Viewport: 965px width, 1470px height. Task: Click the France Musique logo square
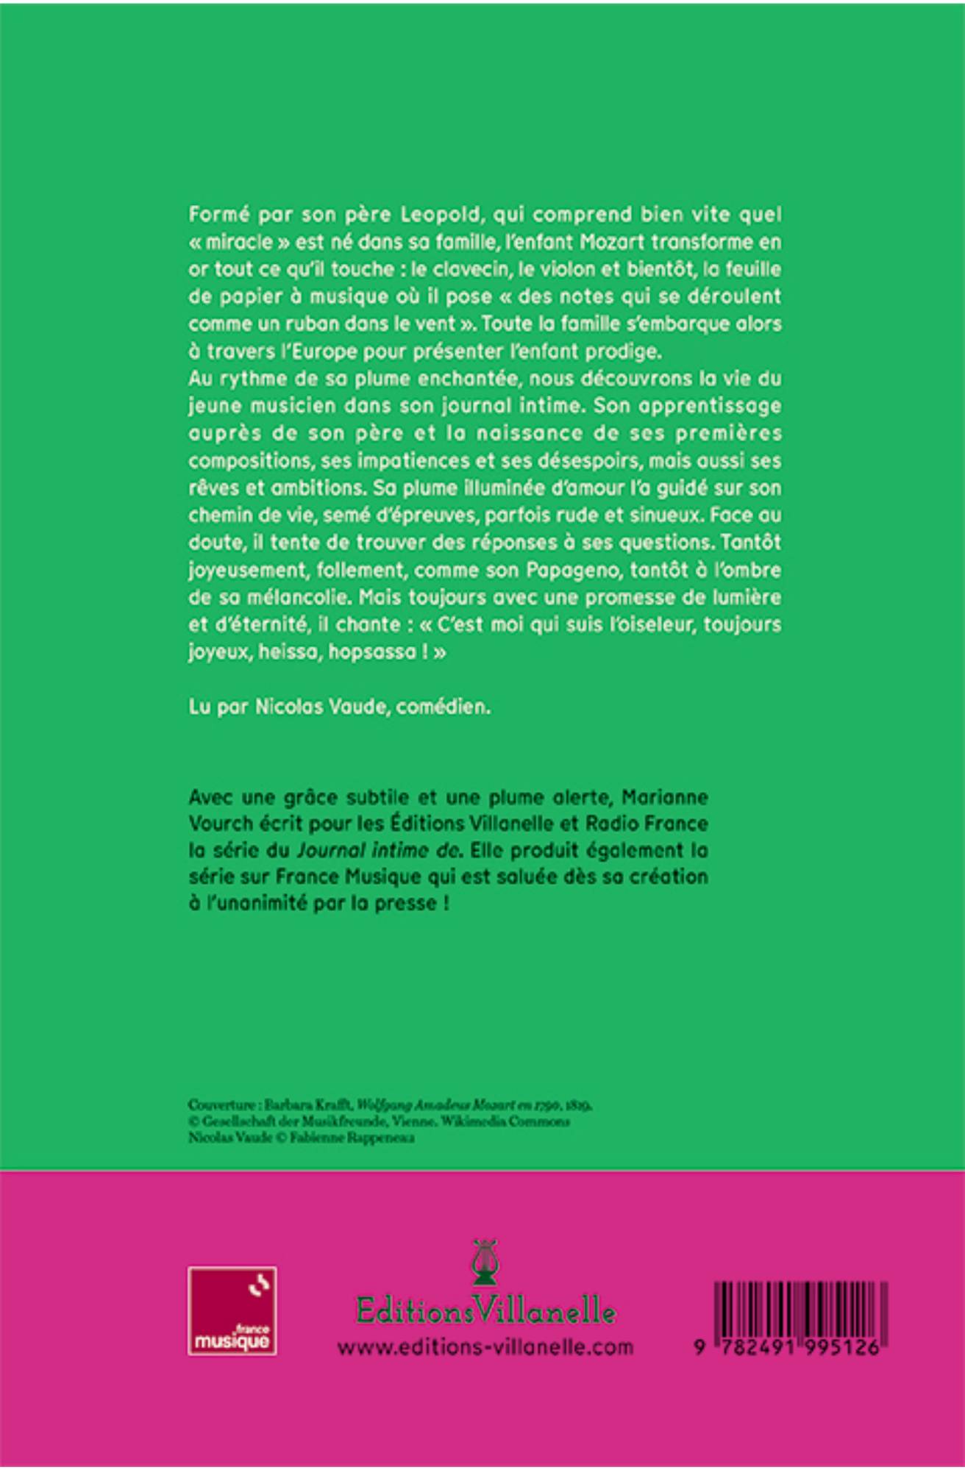(232, 1310)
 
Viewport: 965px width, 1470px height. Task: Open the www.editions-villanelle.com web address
(485, 1346)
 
